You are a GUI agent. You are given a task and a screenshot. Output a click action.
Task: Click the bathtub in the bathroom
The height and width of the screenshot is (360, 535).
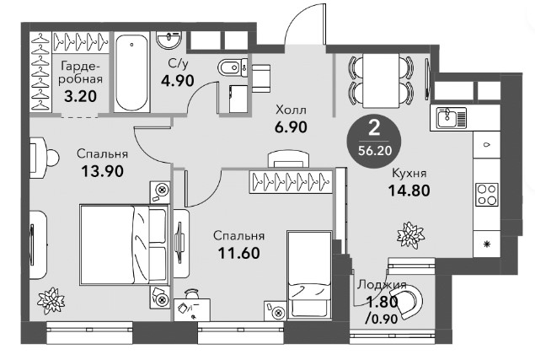tap(131, 72)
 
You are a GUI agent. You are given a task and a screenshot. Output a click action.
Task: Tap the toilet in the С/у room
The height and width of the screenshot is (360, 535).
tap(233, 67)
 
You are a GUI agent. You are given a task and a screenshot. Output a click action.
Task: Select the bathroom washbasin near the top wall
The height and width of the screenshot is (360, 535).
tap(169, 40)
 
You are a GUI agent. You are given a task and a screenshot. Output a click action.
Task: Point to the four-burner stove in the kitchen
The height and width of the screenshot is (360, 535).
tap(487, 195)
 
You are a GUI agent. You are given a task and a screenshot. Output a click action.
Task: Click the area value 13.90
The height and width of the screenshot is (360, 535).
tap(102, 171)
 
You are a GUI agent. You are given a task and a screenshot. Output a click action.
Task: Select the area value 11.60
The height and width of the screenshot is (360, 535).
tap(238, 253)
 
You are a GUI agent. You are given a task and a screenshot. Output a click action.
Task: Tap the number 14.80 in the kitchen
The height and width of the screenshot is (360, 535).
tap(409, 191)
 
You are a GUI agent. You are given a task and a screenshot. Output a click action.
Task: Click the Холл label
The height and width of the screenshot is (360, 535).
tap(291, 110)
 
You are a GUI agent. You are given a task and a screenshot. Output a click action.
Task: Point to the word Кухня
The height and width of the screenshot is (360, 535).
tap(409, 173)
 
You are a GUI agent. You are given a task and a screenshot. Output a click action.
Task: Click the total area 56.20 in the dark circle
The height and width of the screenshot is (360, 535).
tap(375, 150)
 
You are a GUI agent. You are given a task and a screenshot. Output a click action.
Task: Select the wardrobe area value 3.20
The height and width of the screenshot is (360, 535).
tap(81, 96)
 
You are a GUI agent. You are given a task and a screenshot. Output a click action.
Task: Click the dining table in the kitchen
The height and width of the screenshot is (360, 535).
tap(381, 81)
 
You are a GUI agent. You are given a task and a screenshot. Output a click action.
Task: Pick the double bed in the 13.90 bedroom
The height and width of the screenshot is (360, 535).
tap(125, 244)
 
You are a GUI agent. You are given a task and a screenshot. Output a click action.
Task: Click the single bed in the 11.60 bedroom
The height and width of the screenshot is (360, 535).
tap(309, 275)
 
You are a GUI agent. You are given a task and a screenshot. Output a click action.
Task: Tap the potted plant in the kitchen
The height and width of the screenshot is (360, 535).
tap(410, 235)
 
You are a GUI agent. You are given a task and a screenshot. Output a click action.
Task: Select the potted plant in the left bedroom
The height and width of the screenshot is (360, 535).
tap(51, 301)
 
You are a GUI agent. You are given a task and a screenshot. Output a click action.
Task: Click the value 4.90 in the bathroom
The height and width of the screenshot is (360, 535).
tap(178, 81)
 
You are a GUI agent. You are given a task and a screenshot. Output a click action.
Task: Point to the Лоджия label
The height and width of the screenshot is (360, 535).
tap(382, 285)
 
